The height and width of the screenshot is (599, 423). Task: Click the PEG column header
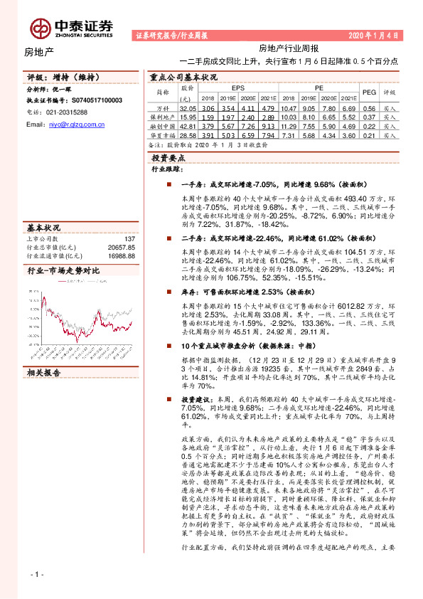click(x=369, y=92)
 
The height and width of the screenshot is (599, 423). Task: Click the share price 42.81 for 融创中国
click(x=188, y=125)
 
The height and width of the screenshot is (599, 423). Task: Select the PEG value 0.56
click(x=369, y=107)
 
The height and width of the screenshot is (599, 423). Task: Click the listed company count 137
click(x=129, y=240)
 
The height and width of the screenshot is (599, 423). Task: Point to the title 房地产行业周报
click(x=288, y=48)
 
